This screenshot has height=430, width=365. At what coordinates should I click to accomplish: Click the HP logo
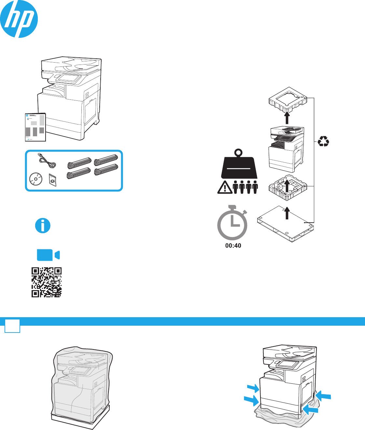[19, 19]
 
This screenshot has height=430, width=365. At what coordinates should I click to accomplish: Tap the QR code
[47, 282]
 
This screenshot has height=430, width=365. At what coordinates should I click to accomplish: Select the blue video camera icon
[48, 255]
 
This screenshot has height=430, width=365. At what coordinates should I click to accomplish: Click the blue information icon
[43, 226]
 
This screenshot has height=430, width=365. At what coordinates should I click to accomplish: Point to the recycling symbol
[323, 141]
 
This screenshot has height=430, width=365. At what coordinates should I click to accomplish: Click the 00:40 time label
[233, 246]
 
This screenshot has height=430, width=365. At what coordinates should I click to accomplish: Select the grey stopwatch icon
[232, 223]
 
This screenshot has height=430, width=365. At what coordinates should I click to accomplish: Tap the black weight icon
[239, 166]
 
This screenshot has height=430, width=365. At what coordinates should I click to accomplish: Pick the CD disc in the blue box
[36, 179]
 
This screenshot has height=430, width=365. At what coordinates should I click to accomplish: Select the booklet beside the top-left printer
[35, 127]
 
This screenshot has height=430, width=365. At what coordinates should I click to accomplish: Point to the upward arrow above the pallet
[287, 214]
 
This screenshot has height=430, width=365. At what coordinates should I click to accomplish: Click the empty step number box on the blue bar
[12, 326]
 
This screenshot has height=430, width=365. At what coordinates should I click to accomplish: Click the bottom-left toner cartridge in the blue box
[78, 173]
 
